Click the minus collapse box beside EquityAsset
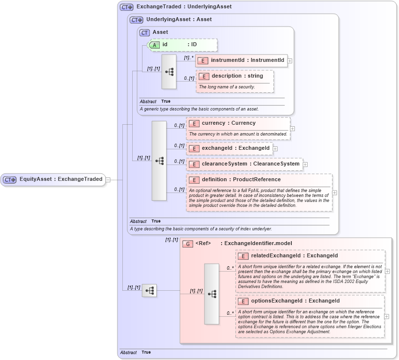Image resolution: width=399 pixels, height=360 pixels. point(108,180)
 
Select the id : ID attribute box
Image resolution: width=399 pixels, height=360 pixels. point(182,45)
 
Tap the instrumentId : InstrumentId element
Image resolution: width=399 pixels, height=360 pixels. point(241,60)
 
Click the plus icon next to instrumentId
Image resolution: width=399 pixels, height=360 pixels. point(290,61)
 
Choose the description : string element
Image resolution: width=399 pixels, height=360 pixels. point(235,76)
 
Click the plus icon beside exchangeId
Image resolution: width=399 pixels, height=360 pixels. point(275,148)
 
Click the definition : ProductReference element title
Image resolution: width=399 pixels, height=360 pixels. point(241,180)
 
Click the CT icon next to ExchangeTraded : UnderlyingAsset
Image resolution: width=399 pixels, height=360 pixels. point(127,7)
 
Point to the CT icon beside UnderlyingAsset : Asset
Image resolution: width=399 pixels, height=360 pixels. point(136,20)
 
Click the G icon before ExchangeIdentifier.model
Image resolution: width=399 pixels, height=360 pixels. point(187,244)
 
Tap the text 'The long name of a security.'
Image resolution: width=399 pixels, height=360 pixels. point(227,87)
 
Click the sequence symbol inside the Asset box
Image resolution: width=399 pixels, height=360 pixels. point(169,72)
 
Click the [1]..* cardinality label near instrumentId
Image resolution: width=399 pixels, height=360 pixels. point(189,57)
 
